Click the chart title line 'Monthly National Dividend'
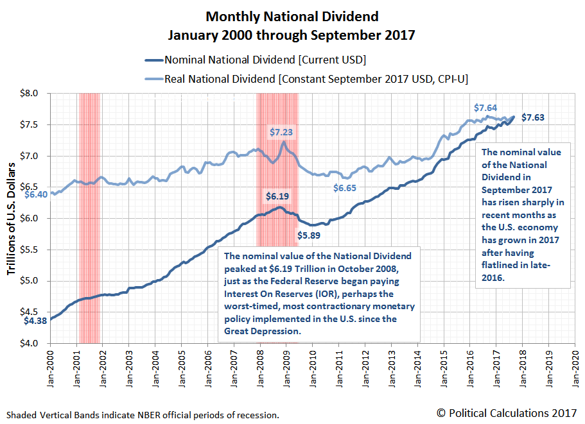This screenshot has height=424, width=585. tap(292, 16)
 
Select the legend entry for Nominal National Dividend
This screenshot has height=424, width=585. tap(265, 60)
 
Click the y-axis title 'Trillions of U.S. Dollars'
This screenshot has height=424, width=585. tap(12, 219)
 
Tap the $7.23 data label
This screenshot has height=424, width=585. tap(282, 132)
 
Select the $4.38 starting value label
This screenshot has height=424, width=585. tap(36, 321)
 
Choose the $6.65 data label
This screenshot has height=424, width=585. tap(345, 188)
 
